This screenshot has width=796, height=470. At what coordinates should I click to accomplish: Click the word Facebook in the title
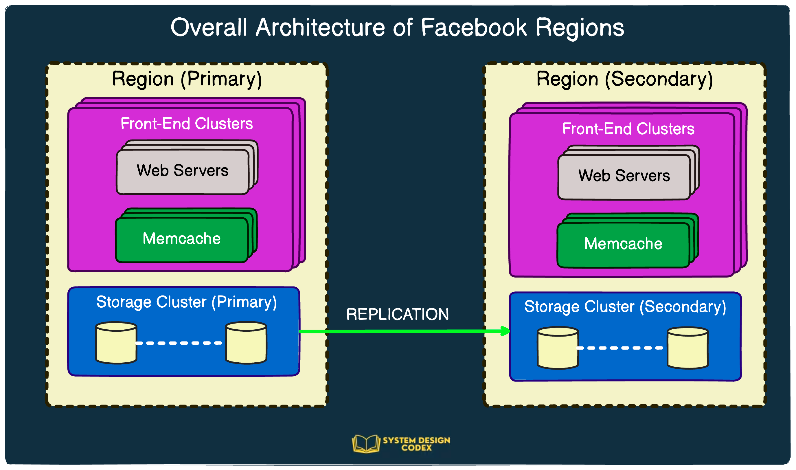coord(474,28)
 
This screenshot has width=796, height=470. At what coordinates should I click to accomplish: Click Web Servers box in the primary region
coord(182,171)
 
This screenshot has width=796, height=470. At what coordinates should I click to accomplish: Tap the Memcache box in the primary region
coord(181,239)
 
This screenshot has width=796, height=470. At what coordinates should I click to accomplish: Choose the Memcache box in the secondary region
coord(623,244)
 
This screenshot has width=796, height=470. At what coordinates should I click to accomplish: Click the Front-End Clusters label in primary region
coord(187,124)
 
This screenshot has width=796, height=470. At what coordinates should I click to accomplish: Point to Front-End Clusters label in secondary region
coord(628,129)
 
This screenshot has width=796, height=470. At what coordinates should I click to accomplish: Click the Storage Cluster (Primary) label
coord(187,302)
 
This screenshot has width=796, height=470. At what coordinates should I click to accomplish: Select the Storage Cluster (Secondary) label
coord(625,306)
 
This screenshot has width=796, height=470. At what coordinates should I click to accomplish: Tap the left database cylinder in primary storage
coord(116,343)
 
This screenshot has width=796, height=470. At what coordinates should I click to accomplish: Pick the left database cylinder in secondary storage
coord(558,348)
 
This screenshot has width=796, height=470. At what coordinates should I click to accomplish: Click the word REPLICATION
coord(397,315)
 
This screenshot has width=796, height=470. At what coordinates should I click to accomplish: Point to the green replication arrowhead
coord(505,331)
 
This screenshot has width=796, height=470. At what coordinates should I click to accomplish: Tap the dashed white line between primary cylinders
coord(179,343)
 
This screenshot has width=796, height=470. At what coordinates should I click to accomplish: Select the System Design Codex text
coord(416,444)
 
